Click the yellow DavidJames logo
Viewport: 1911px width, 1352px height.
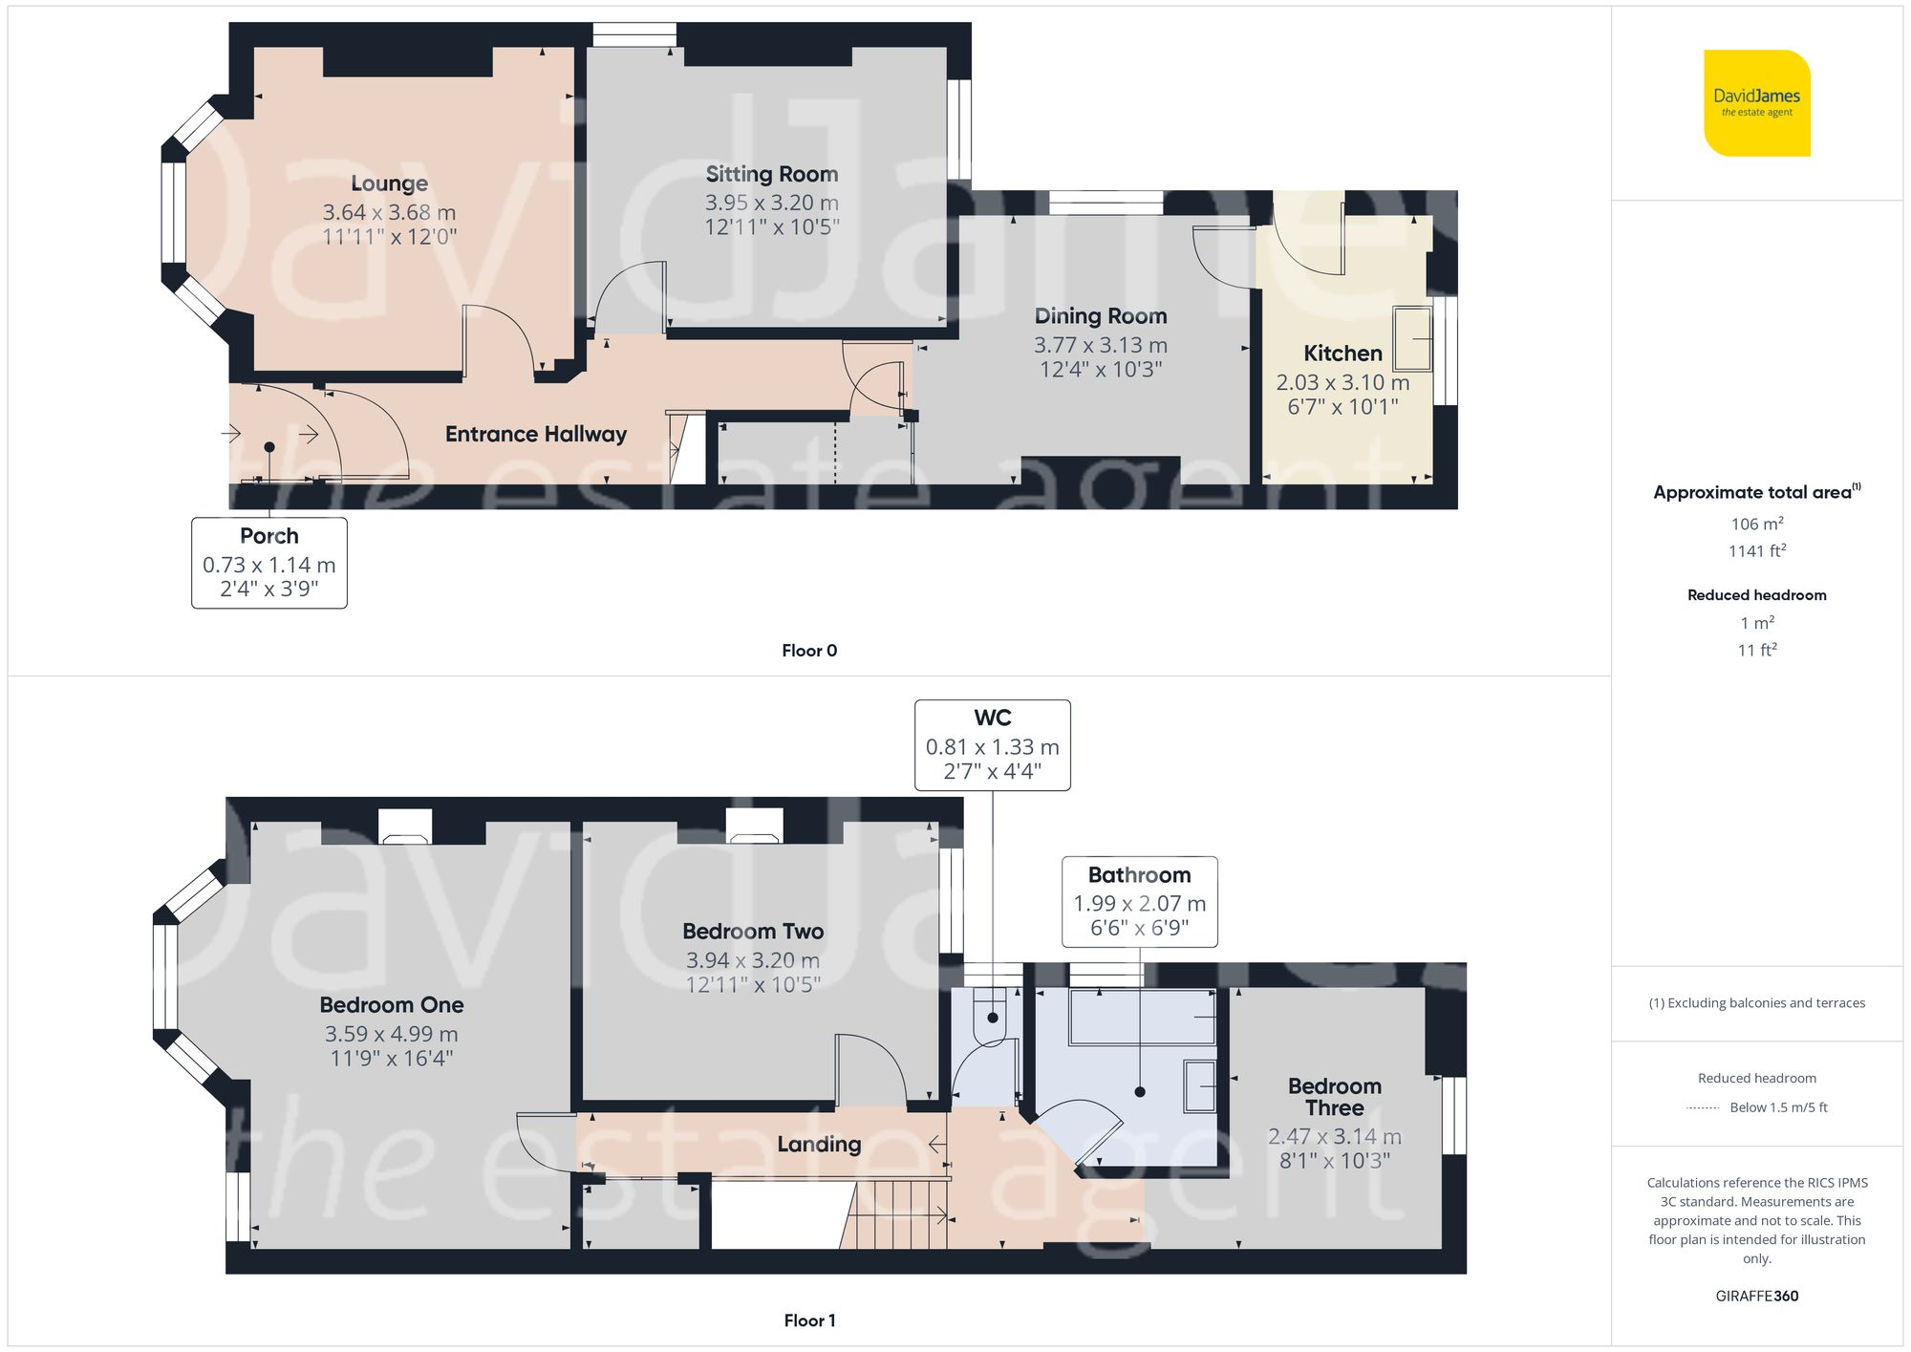tap(1756, 103)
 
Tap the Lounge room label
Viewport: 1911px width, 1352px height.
tap(389, 183)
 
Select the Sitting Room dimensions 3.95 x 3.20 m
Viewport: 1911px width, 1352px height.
tap(771, 203)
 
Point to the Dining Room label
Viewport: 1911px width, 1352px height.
tap(1100, 316)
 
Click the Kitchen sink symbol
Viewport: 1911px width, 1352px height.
tap(1412, 338)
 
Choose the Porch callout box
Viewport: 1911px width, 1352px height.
tap(268, 563)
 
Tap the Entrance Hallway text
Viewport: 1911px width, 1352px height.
tap(535, 435)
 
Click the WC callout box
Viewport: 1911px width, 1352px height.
tap(992, 745)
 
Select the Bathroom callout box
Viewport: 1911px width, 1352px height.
tap(1139, 901)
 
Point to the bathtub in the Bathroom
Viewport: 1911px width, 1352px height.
tap(1143, 1018)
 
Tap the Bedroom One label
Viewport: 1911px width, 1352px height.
tap(392, 1005)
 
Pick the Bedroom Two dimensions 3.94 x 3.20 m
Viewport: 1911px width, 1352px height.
tap(752, 960)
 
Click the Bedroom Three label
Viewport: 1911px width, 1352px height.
tap(1334, 1097)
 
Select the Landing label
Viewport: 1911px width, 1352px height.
tap(819, 1145)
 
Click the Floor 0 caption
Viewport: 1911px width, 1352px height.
tap(808, 651)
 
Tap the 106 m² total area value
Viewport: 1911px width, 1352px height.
tap(1756, 524)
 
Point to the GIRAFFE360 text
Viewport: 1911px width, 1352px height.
tap(1756, 1297)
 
